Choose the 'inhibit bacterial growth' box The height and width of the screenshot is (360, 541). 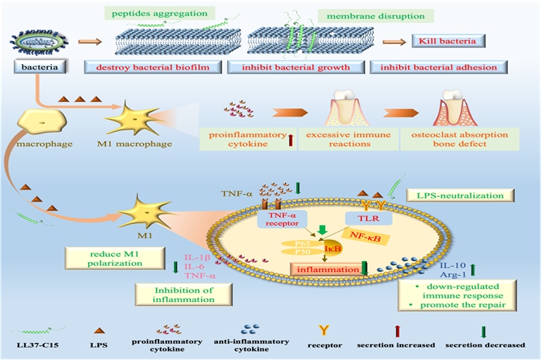point(304,68)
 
